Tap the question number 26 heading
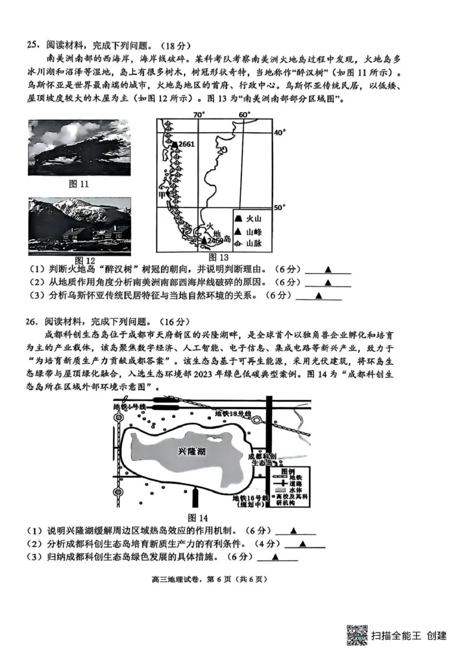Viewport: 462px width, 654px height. coord(33,321)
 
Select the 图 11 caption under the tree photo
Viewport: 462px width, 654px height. coord(77,184)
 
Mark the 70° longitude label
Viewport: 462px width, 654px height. coord(199,114)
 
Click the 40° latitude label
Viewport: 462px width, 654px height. coord(280,133)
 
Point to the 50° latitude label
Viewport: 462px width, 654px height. coord(280,207)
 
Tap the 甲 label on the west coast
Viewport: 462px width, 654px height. coord(162,195)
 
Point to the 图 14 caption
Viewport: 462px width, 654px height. coord(198,518)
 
